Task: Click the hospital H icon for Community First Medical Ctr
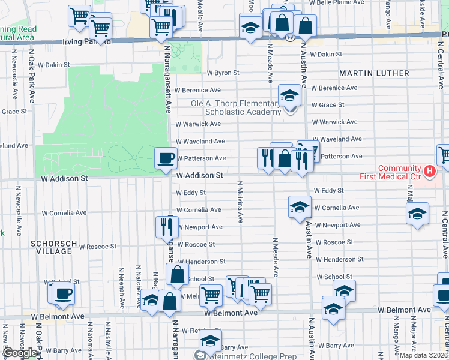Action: coord(429,172)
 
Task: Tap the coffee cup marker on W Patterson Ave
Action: coord(166,158)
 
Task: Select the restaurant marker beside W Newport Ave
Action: coord(166,226)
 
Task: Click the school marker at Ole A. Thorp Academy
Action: coord(290,95)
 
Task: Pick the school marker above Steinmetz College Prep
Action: coord(210,340)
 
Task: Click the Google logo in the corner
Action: coord(20,352)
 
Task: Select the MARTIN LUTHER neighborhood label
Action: coord(374,73)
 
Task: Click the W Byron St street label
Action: coord(223,73)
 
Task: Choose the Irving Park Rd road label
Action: coord(87,43)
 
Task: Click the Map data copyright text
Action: coord(424,355)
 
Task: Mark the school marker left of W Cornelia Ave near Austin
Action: coord(300,207)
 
